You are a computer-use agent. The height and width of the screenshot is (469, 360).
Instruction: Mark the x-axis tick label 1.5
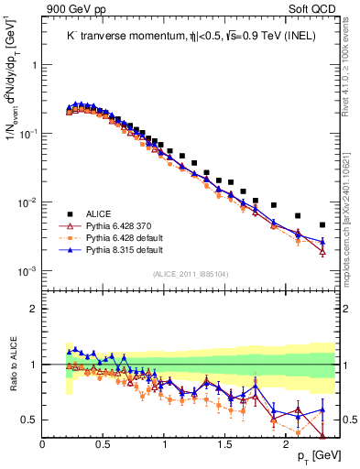225,444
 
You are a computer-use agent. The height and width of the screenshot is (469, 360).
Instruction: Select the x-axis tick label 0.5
104,444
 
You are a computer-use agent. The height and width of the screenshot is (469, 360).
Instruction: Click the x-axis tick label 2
287,444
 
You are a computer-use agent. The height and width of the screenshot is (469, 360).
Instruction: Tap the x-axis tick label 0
43,444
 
